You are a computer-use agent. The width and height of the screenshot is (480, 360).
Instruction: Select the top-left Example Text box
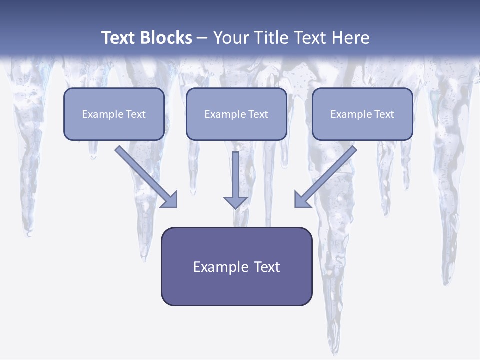pos(114,114)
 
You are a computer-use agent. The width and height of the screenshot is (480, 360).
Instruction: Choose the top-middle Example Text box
pos(236,114)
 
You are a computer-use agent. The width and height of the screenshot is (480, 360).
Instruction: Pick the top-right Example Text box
pos(362,114)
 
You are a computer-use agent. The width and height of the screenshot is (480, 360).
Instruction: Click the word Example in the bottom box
pos(218,267)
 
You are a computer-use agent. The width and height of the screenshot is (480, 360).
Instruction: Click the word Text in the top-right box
pos(384,114)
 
